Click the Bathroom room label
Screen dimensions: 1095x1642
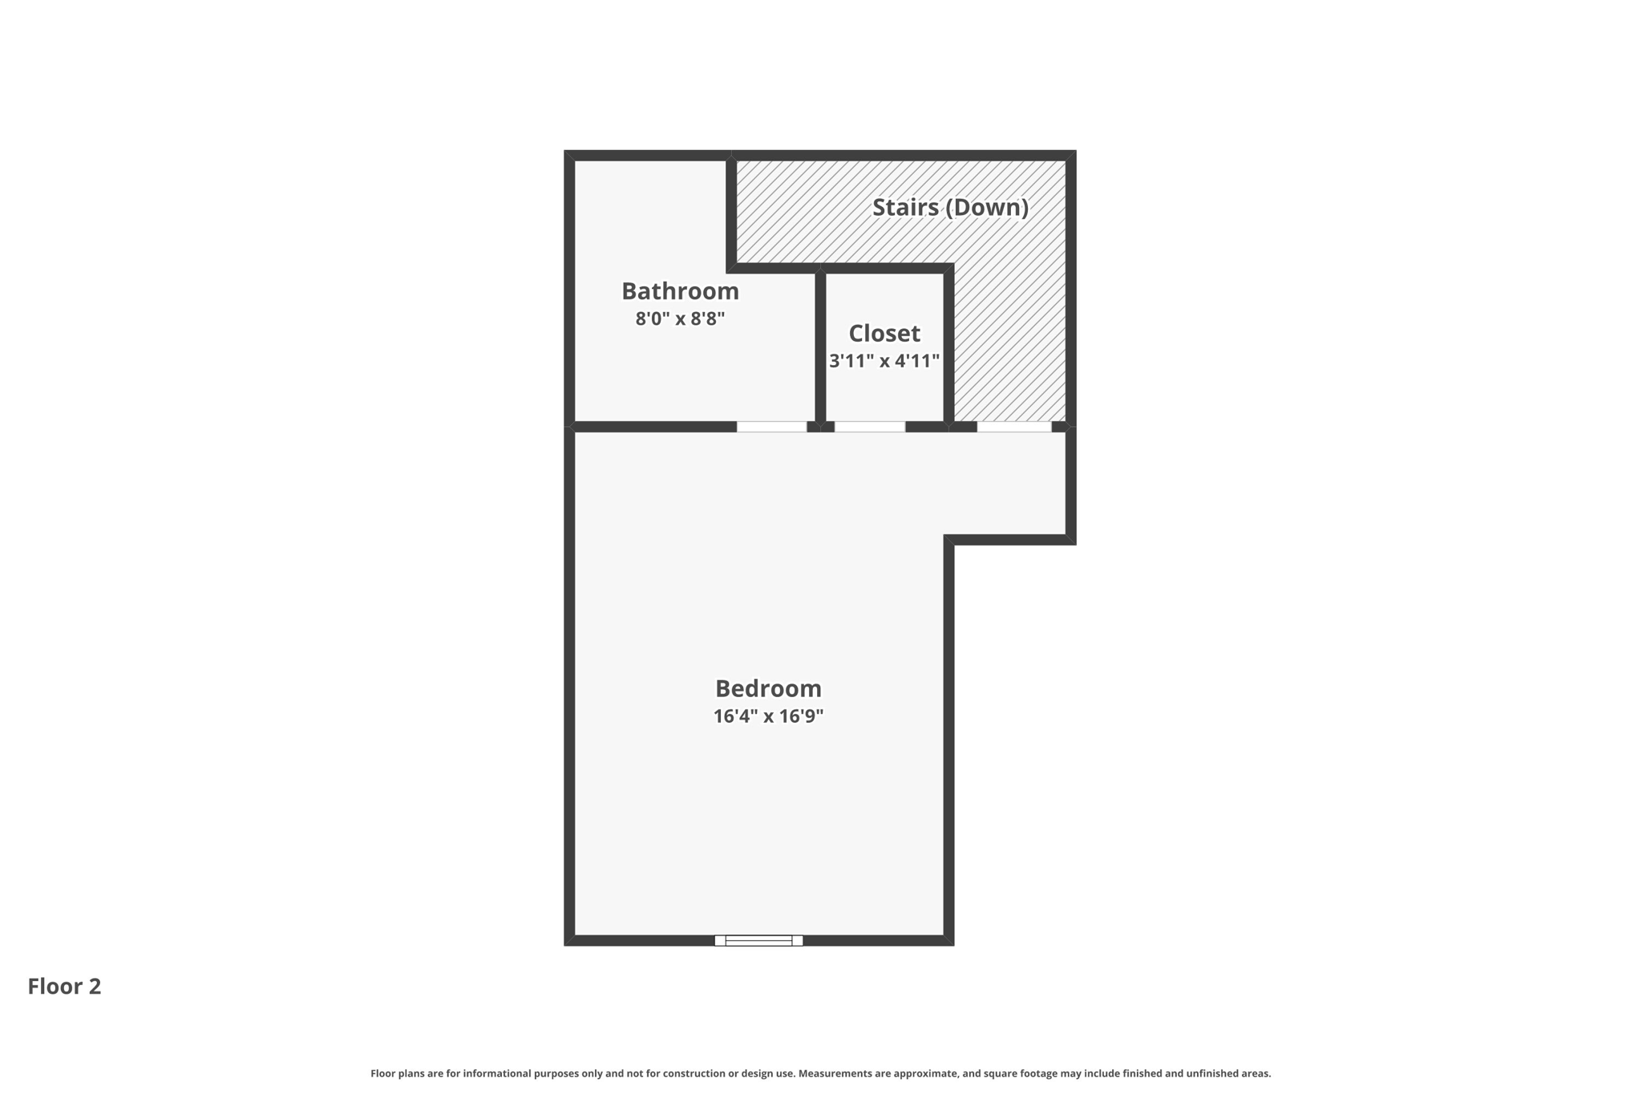click(680, 290)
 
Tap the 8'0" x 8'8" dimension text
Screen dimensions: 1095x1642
click(680, 318)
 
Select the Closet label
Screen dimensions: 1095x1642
click(884, 333)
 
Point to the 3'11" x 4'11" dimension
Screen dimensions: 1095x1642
click(884, 361)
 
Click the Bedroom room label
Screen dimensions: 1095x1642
click(768, 688)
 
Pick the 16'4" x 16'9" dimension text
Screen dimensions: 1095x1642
click(768, 716)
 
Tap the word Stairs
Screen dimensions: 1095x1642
click(905, 207)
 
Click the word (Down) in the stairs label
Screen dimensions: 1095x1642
click(987, 207)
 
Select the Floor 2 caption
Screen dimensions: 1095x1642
click(64, 986)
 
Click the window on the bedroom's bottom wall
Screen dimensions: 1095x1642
click(758, 940)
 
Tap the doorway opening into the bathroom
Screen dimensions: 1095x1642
click(771, 427)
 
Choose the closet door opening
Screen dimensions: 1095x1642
click(870, 427)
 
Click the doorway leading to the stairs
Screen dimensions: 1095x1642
click(1013, 427)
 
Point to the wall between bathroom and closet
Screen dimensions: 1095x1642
click(820, 345)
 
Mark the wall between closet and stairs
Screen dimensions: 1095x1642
click(948, 345)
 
